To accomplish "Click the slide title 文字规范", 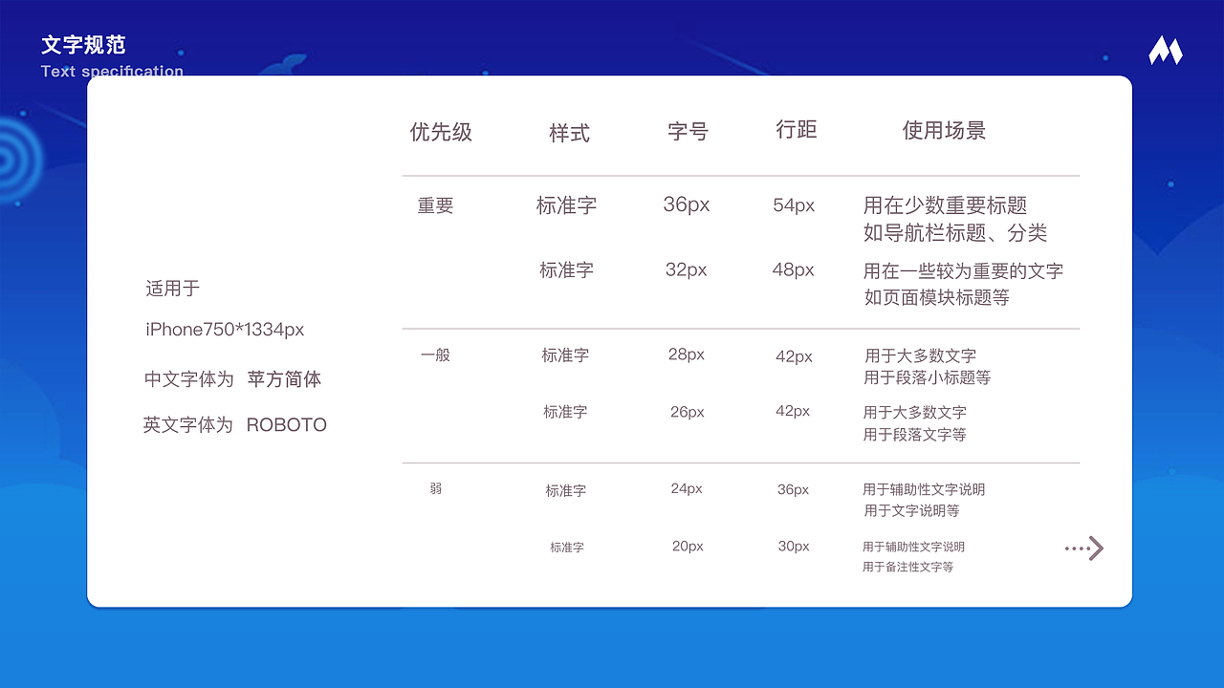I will [83, 45].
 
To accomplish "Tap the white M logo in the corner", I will [1165, 51].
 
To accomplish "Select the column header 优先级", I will [441, 132].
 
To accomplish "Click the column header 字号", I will [688, 132].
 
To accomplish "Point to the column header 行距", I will [796, 130].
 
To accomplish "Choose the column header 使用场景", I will [944, 131].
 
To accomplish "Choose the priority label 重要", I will [435, 205].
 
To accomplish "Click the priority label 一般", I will [435, 355].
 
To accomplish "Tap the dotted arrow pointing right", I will [1084, 548].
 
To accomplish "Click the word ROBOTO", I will [286, 425].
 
